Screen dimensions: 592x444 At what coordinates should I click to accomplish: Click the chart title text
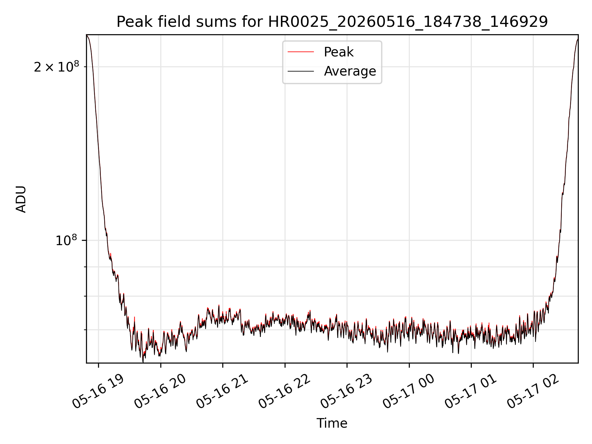tap(332, 22)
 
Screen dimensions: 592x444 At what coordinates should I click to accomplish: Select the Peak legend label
tap(339, 52)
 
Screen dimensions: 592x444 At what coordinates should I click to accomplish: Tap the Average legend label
tap(350, 71)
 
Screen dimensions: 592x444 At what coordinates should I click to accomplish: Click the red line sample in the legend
tap(301, 52)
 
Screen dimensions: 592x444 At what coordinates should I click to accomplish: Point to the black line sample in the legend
tap(301, 71)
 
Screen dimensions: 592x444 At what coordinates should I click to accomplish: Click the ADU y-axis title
tap(21, 199)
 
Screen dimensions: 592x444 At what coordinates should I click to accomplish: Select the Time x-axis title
tap(332, 423)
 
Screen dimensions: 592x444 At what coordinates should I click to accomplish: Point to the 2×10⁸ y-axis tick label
tap(56, 67)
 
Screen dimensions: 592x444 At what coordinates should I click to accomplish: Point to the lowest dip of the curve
tap(143, 362)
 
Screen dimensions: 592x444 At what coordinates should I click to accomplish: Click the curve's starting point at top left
tap(87, 35)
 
